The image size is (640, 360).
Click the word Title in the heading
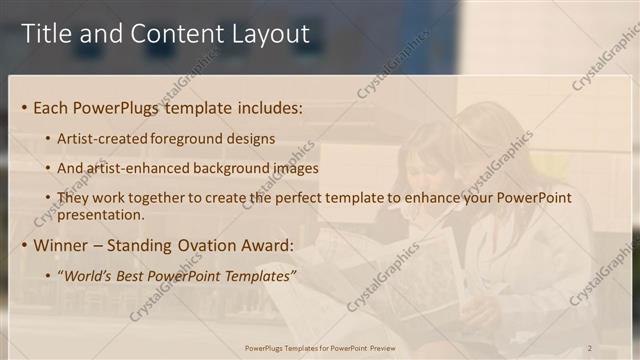pos(47,33)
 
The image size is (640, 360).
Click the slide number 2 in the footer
pos(589,348)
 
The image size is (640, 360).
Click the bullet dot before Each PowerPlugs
pos(24,107)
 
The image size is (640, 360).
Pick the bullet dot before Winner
pos(24,244)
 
